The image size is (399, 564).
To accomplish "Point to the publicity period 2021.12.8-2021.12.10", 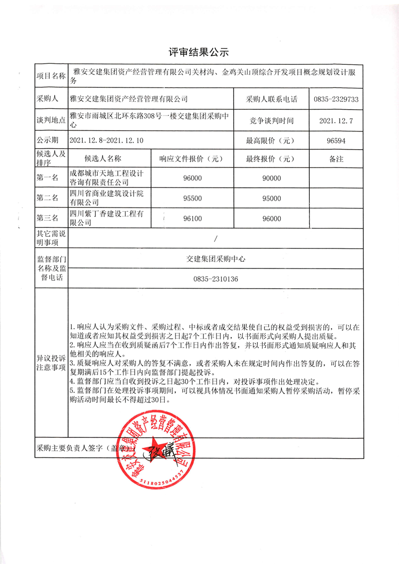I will pos(107,141).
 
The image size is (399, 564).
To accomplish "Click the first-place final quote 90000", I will pos(271,178).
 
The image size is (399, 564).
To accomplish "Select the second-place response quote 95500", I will pos(193,198).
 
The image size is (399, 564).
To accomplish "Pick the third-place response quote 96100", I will pos(193,218).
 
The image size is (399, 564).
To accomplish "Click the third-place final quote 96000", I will pos(271,218).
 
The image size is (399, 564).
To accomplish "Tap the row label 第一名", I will pos(47,178).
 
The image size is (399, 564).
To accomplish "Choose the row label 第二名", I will pos(47,198).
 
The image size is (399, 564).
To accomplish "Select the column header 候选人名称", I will pos(103,159).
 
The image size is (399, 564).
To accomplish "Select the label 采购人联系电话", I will pos(271,99).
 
